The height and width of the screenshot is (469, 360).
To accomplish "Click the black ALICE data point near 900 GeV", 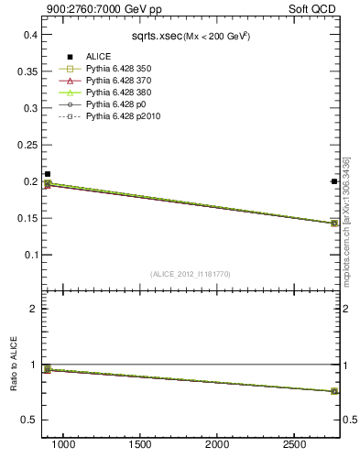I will click(48, 174).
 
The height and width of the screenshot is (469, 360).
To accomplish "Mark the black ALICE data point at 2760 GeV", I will click(334, 181).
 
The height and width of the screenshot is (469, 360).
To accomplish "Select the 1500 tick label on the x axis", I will click(140, 444).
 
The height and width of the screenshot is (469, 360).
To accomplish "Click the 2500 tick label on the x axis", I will click(294, 444).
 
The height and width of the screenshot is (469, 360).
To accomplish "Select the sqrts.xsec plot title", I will click(191, 36).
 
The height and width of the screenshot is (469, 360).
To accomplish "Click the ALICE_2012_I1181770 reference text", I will click(191, 273).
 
